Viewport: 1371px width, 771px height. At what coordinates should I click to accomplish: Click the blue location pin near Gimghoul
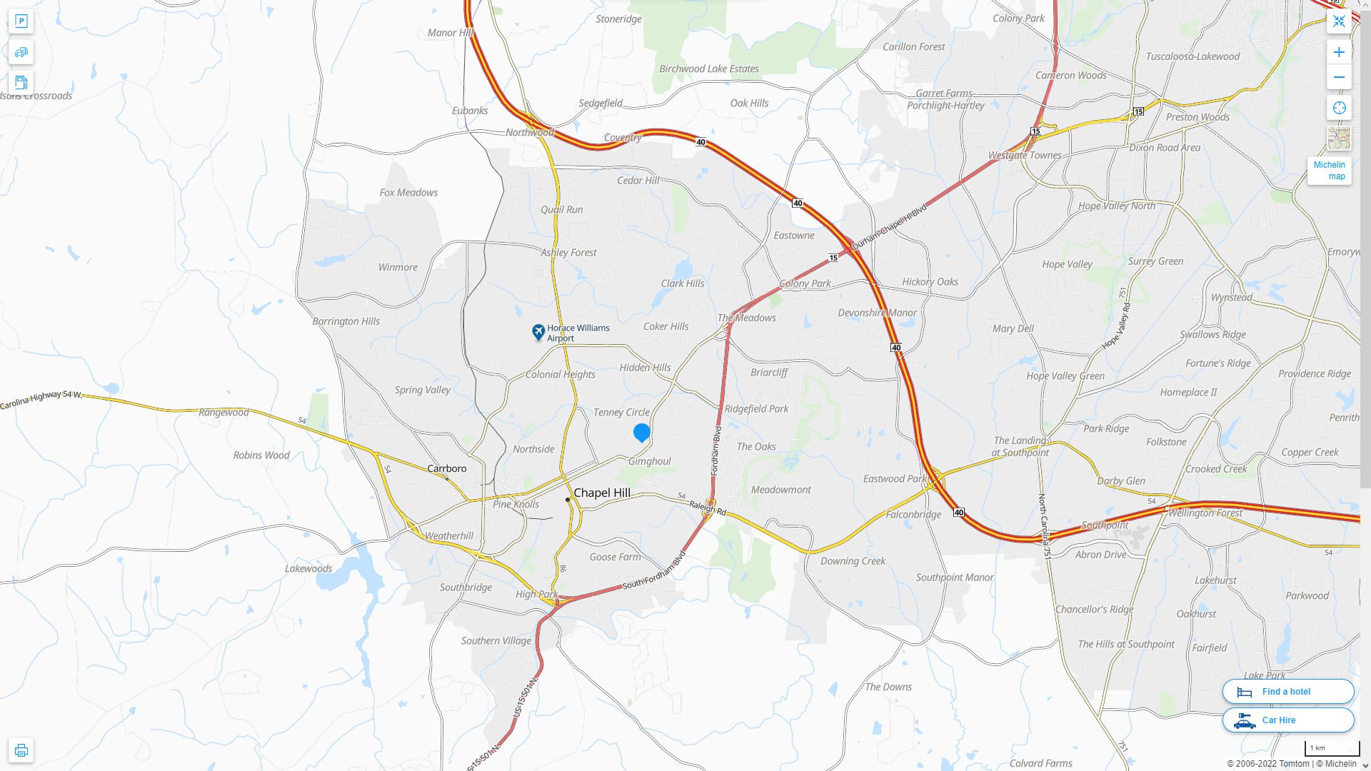point(641,432)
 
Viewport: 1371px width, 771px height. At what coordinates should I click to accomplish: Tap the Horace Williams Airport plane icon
point(538,332)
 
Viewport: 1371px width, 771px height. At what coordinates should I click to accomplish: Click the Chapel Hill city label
point(601,493)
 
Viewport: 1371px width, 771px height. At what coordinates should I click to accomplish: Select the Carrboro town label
point(446,468)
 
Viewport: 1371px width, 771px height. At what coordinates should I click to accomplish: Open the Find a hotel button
point(1287,691)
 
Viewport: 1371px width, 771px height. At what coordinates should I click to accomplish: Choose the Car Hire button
point(1287,720)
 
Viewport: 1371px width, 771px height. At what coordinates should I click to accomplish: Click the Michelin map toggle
point(1329,170)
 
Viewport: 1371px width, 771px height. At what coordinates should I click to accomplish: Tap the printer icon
point(21,750)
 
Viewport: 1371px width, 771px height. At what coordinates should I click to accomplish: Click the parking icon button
point(21,21)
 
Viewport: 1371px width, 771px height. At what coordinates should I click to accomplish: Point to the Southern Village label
point(496,640)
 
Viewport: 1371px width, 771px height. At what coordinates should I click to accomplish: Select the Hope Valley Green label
point(1065,376)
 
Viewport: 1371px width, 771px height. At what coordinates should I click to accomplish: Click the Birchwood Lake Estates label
point(708,69)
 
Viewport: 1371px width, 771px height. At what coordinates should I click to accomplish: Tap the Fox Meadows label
point(408,192)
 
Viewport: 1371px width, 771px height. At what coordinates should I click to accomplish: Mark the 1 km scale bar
point(1331,749)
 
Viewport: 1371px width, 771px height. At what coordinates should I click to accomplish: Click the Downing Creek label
point(853,560)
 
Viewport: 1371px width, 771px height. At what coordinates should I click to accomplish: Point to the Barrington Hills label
point(346,321)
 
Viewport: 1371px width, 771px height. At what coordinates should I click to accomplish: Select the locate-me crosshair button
point(1339,108)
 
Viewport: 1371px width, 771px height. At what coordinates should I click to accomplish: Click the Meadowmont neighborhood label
point(780,490)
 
